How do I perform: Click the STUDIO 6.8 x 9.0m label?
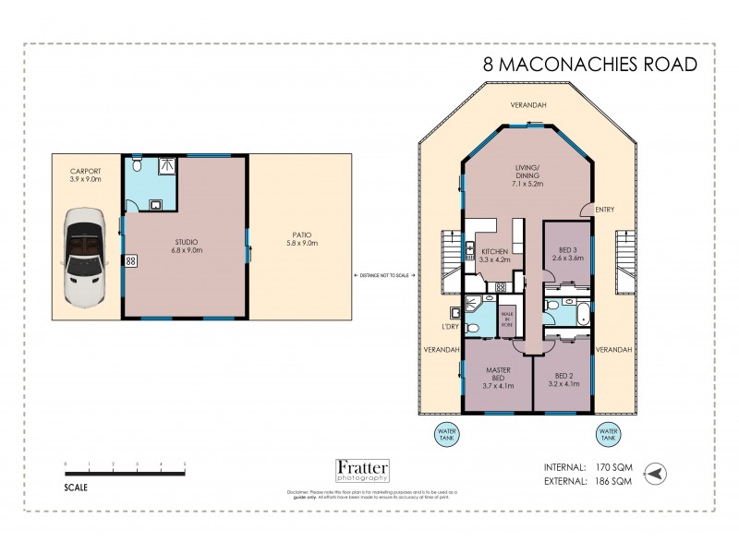click(188, 246)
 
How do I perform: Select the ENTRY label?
click(605, 209)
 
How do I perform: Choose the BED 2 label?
click(563, 379)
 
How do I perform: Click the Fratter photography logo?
click(361, 471)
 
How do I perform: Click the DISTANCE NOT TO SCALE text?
click(384, 276)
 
